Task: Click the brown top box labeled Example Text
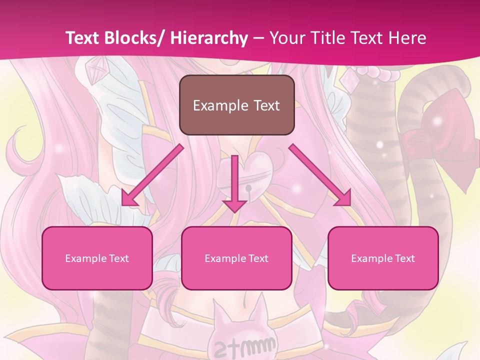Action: (x=236, y=105)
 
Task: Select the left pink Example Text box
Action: (x=97, y=258)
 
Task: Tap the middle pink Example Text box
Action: (x=236, y=258)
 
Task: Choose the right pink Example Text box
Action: (x=383, y=258)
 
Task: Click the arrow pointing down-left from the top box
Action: (x=153, y=175)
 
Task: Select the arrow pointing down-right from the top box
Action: (x=320, y=175)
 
